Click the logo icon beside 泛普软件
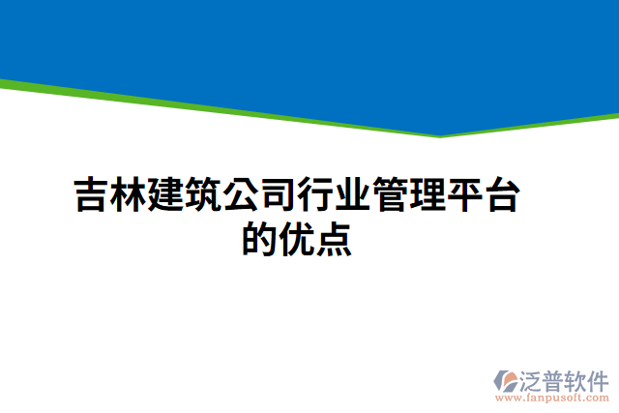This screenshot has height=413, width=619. click(508, 379)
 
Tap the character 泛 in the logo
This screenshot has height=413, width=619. click(535, 379)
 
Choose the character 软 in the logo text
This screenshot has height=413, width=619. click(577, 379)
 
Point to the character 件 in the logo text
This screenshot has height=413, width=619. click(599, 379)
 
